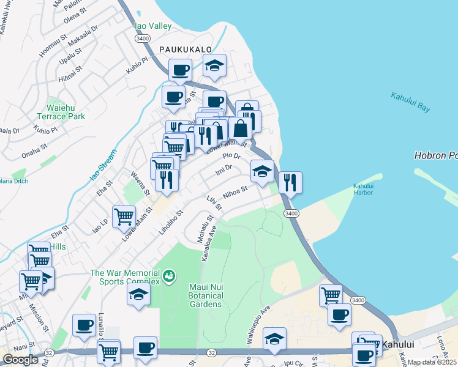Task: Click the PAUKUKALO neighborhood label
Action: tap(185, 49)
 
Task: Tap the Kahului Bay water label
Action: tap(410, 102)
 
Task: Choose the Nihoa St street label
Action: tap(235, 193)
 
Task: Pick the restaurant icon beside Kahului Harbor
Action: tap(290, 183)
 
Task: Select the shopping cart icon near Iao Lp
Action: tap(124, 217)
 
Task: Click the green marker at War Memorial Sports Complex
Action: tap(169, 277)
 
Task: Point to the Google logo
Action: tap(20, 360)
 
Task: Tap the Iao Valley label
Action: tap(152, 26)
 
